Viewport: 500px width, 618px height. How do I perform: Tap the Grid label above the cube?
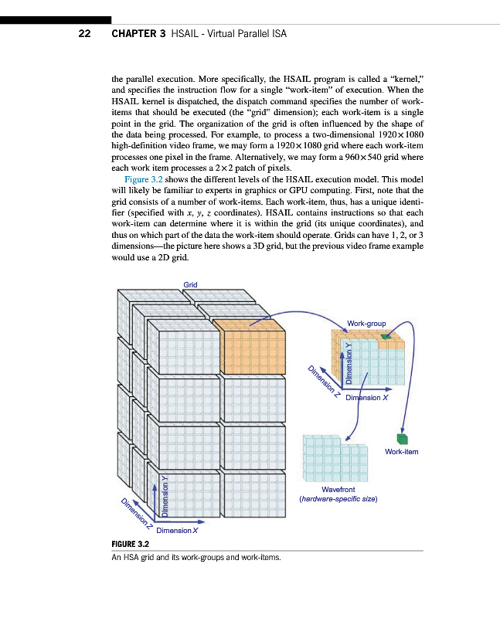click(x=190, y=285)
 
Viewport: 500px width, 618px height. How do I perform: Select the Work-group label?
click(x=367, y=322)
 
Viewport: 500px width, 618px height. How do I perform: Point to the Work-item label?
click(x=401, y=451)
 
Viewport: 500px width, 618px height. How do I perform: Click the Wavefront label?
click(x=338, y=489)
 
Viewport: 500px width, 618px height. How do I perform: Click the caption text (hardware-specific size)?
click(x=338, y=499)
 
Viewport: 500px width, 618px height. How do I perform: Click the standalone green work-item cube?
click(x=402, y=437)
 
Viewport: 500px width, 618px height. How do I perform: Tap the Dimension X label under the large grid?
click(x=178, y=531)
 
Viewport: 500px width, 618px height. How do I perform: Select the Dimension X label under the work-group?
click(x=367, y=397)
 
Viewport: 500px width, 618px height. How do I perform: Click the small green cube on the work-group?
click(x=386, y=338)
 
